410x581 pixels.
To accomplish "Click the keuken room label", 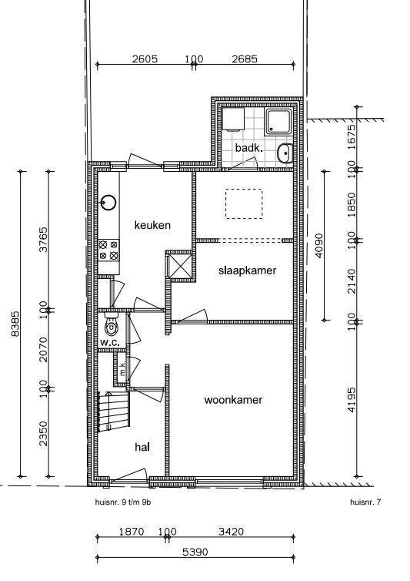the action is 152,225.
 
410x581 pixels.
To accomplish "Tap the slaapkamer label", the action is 247,270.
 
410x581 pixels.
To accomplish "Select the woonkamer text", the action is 233,400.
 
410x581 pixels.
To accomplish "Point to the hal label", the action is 142,447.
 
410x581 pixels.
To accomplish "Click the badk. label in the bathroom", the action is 249,148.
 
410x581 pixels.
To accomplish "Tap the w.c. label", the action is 109,343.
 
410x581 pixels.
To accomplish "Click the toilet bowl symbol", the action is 111,324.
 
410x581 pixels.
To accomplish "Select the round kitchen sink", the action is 108,203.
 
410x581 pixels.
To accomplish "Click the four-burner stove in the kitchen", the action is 108,250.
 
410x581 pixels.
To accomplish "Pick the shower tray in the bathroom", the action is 278,123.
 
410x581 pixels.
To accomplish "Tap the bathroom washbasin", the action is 285,153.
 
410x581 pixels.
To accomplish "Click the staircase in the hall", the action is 114,411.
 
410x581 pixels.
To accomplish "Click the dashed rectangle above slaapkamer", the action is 244,203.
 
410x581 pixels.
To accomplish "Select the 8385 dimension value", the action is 15,324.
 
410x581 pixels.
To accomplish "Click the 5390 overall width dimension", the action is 195,552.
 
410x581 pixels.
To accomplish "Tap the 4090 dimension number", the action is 319,246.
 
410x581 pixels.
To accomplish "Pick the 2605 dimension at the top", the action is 145,59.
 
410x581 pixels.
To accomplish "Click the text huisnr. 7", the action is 365,502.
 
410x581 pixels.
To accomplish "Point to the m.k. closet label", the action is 122,368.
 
